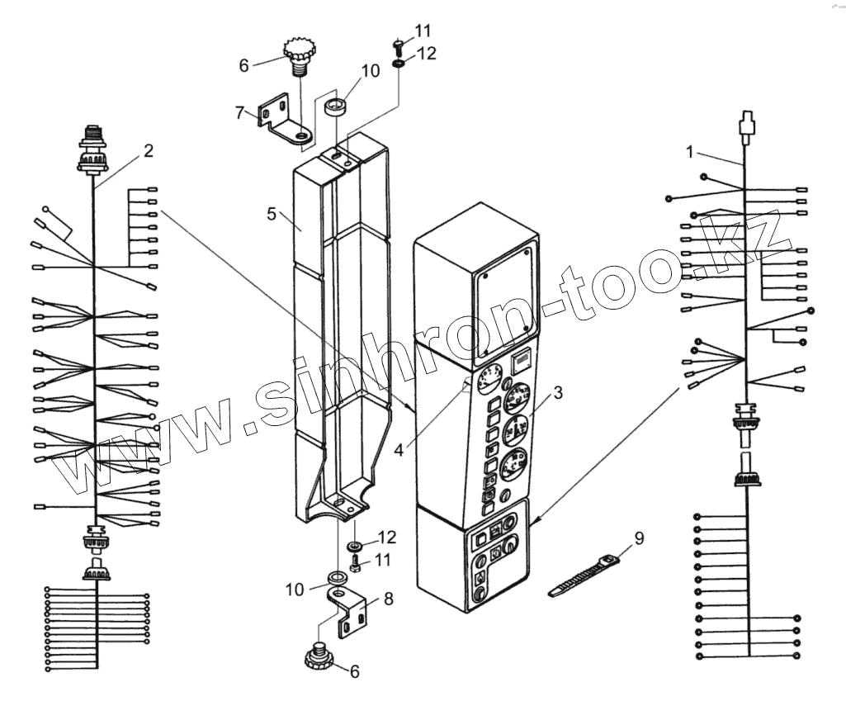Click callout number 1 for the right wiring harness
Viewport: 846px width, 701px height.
coord(691,151)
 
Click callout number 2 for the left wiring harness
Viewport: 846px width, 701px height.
coord(148,150)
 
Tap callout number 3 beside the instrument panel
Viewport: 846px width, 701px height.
coord(558,393)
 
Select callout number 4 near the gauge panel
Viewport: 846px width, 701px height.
coord(399,450)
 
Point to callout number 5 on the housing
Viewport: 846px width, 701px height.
coord(271,214)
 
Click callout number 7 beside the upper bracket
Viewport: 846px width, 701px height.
coord(239,112)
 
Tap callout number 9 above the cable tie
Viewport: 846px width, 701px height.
coord(639,538)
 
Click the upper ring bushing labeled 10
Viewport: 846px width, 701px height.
coord(335,108)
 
